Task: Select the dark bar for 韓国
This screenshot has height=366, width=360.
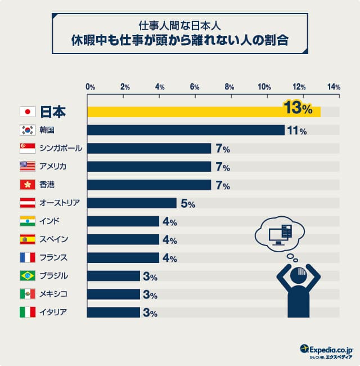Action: point(186,130)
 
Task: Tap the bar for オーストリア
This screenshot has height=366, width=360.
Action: point(132,203)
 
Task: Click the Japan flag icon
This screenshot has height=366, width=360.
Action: point(27,111)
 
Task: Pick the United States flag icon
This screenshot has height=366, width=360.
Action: point(27,166)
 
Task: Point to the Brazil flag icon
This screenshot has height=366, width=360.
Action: point(27,276)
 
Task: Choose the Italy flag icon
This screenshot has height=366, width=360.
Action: point(27,312)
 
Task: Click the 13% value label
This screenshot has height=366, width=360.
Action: point(298,108)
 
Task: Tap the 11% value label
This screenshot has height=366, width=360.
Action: point(297,131)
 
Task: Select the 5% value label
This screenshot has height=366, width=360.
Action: point(187,204)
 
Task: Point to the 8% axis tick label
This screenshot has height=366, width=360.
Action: point(229,87)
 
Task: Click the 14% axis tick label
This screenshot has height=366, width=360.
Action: point(334,87)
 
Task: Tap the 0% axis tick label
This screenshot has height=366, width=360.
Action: point(90,87)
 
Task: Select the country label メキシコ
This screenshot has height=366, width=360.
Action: point(54,294)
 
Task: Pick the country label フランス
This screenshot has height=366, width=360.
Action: point(54,258)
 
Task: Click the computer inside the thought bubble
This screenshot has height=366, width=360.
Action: point(279,233)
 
